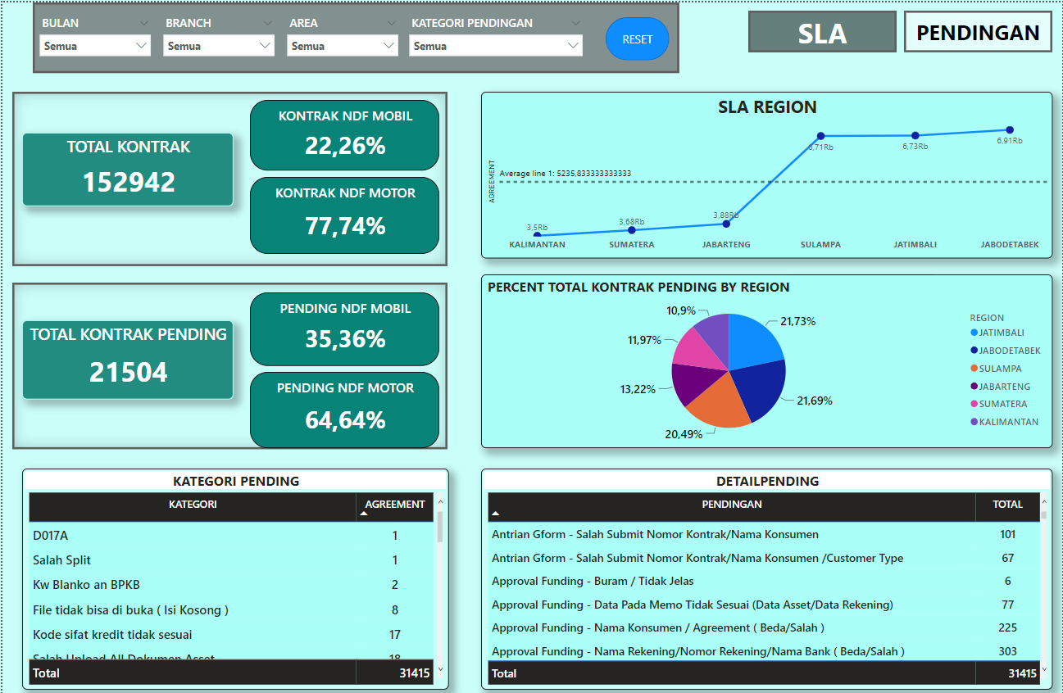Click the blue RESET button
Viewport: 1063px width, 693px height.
pyautogui.click(x=637, y=39)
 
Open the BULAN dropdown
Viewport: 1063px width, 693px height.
pyautogui.click(x=96, y=47)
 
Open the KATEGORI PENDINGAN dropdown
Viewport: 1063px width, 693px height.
pyautogui.click(x=495, y=47)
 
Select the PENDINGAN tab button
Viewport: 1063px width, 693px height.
pyautogui.click(x=977, y=33)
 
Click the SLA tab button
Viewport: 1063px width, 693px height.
pyautogui.click(x=822, y=33)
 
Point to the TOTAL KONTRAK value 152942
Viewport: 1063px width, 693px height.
pyautogui.click(x=129, y=182)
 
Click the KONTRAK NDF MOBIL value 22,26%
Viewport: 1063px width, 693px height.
pyautogui.click(x=345, y=146)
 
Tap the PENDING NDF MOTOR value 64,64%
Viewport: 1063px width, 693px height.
pyautogui.click(x=345, y=420)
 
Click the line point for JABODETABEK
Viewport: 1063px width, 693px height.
pyautogui.click(x=1010, y=130)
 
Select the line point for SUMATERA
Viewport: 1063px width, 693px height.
pyautogui.click(x=631, y=230)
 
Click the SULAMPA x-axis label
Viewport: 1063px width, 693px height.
pyautogui.click(x=820, y=244)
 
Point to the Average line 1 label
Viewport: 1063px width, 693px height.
pyautogui.click(x=566, y=174)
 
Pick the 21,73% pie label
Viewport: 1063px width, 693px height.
pyautogui.click(x=797, y=321)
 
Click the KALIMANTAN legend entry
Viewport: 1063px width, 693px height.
pyautogui.click(x=1008, y=422)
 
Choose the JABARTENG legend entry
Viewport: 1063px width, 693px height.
pyautogui.click(x=1004, y=387)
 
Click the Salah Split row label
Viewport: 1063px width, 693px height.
pyautogui.click(x=62, y=560)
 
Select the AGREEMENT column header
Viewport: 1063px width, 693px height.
pyautogui.click(x=395, y=505)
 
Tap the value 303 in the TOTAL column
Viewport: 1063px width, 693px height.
pyautogui.click(x=1007, y=651)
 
